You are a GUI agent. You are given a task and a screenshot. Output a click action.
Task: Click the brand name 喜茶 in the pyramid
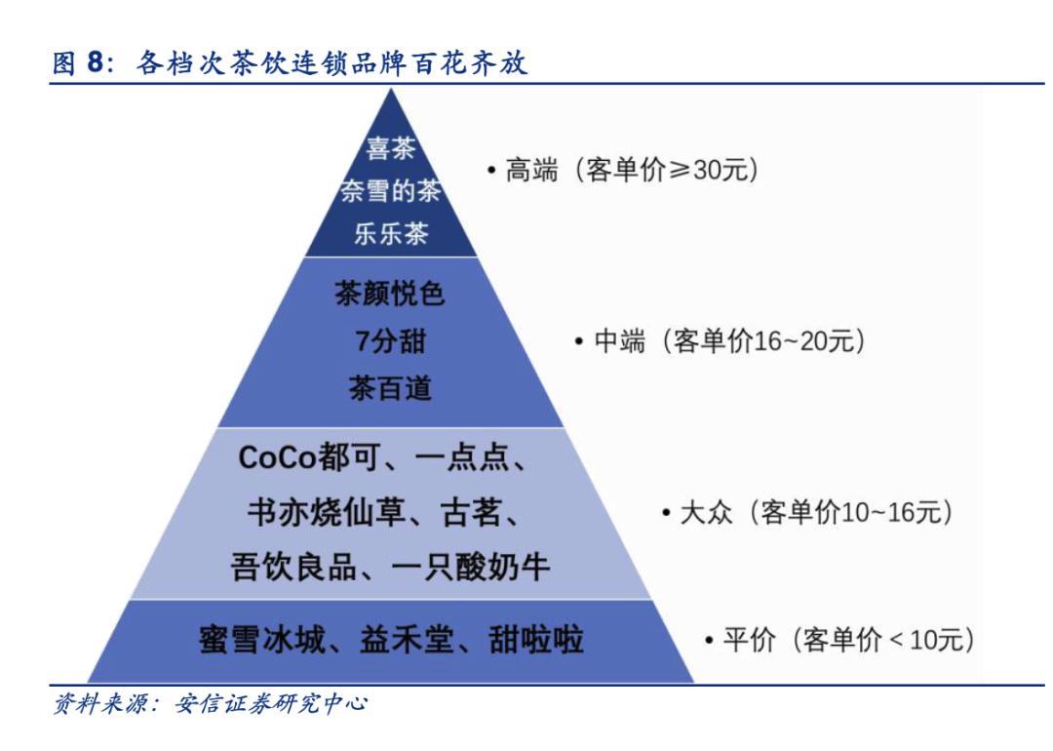(391, 148)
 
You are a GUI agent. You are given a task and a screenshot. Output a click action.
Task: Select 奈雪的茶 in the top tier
(390, 191)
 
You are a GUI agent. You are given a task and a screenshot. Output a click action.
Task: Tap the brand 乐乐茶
(391, 234)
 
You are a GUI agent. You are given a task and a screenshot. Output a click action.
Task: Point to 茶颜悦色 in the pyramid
(390, 294)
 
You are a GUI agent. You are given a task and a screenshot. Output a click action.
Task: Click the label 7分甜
(390, 341)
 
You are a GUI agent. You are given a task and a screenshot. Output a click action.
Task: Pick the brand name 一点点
(461, 457)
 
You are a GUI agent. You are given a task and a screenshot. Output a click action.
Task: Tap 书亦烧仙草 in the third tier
(327, 512)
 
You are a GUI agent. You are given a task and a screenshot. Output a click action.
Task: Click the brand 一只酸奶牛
(470, 567)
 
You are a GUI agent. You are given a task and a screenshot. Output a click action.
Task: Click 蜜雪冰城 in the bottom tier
(262, 640)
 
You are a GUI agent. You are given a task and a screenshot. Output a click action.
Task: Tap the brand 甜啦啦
(536, 640)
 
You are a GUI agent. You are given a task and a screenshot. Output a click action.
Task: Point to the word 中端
(619, 341)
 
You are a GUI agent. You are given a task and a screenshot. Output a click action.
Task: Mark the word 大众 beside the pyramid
(706, 513)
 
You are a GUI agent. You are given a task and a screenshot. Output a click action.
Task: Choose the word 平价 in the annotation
(749, 640)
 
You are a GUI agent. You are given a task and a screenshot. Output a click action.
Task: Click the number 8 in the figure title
(96, 62)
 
